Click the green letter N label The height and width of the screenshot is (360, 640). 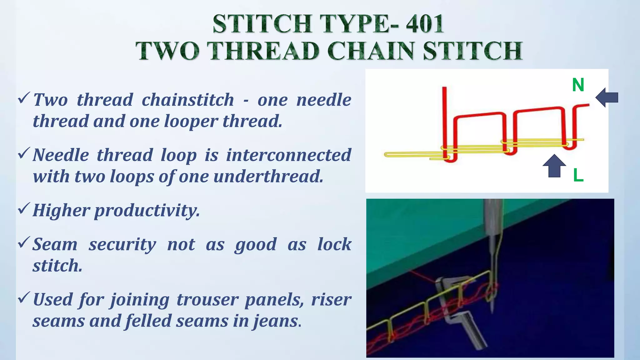[x=578, y=85]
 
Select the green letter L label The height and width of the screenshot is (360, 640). [x=578, y=175]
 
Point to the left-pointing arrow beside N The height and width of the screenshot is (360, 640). [x=607, y=97]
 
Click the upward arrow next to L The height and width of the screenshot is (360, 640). [x=554, y=166]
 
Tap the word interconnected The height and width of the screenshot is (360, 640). [x=289, y=155]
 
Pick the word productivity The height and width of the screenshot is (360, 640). [x=147, y=210]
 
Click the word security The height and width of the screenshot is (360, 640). [x=122, y=244]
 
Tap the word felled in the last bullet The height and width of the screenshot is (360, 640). [x=148, y=321]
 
